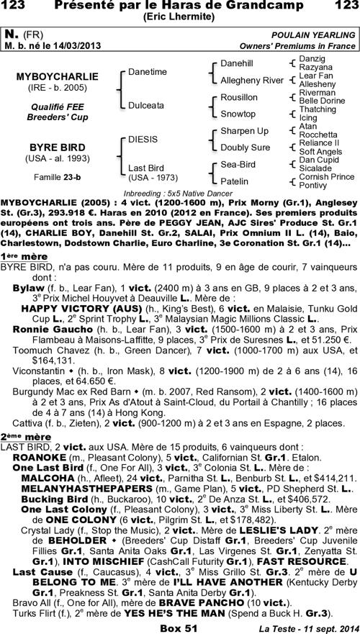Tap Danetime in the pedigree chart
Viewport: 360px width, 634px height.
(147, 72)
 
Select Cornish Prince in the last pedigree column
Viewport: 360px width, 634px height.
(326, 177)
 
